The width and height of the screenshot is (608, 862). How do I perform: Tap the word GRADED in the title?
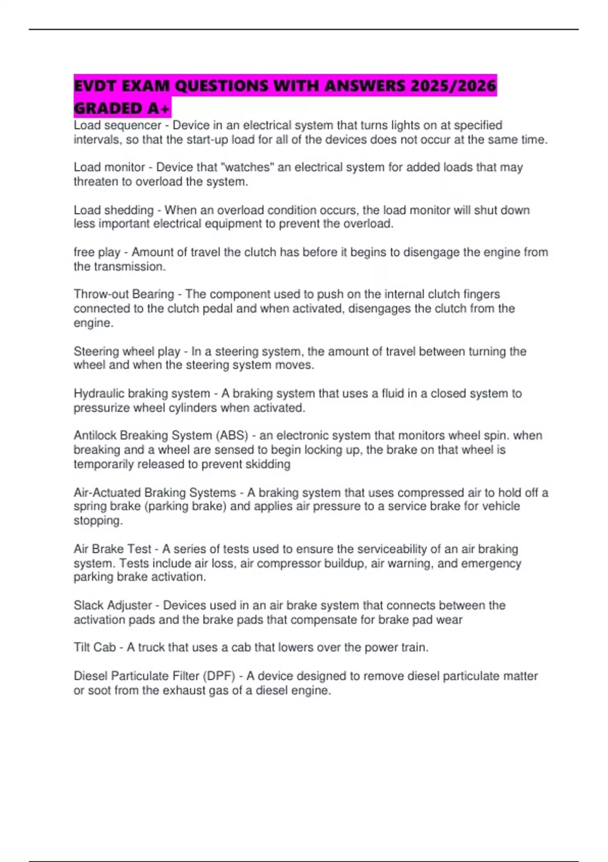click(x=108, y=108)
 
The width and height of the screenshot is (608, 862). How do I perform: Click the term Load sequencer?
click(x=117, y=125)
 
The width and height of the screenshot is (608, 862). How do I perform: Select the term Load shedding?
click(x=113, y=210)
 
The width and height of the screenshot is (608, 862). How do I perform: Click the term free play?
click(x=97, y=253)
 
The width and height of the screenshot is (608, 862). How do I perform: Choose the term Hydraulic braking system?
click(x=142, y=393)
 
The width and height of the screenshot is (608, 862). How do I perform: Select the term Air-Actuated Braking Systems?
click(x=155, y=492)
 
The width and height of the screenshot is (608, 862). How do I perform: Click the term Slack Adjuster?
click(x=112, y=605)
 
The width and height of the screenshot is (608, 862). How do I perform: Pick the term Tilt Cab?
click(x=95, y=648)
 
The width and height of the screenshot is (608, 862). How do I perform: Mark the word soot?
click(x=99, y=690)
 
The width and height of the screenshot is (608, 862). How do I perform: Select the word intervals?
click(x=97, y=139)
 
